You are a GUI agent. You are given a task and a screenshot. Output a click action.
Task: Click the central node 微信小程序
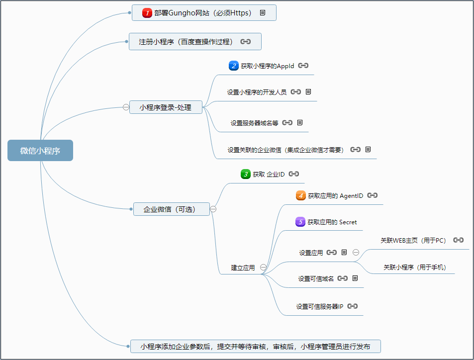(x=40, y=151)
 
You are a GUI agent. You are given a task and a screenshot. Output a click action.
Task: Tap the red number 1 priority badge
(x=147, y=13)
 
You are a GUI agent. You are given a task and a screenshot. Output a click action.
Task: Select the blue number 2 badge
(x=233, y=66)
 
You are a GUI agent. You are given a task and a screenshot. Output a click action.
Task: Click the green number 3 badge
(x=245, y=174)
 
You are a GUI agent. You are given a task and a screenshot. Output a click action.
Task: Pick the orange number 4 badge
(x=300, y=195)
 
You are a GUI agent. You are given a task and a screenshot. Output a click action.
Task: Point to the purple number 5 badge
(x=300, y=222)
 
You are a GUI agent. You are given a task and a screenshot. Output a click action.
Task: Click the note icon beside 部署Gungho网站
(x=263, y=13)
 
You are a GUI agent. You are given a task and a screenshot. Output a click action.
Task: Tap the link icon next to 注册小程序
(x=245, y=42)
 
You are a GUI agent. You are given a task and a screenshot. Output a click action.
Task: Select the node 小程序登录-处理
(x=166, y=107)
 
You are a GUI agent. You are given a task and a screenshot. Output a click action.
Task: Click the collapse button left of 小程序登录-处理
(x=126, y=107)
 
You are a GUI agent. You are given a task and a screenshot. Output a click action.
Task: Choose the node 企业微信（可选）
(x=170, y=209)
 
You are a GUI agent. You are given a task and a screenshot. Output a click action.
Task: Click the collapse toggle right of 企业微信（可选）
(x=213, y=209)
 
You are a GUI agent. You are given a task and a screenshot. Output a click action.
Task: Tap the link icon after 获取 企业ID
(x=293, y=174)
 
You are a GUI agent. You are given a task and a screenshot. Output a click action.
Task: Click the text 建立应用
(x=243, y=268)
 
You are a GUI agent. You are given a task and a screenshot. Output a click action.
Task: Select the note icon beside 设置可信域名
(x=355, y=278)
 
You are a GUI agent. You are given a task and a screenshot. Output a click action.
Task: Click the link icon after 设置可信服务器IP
(x=353, y=306)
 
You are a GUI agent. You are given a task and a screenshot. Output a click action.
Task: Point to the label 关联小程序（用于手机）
(x=415, y=268)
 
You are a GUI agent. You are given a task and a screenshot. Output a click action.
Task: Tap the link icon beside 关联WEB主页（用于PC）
(x=458, y=240)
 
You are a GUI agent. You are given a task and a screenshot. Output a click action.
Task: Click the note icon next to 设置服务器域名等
(x=300, y=122)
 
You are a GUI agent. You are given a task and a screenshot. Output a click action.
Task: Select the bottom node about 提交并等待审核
(x=255, y=347)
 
